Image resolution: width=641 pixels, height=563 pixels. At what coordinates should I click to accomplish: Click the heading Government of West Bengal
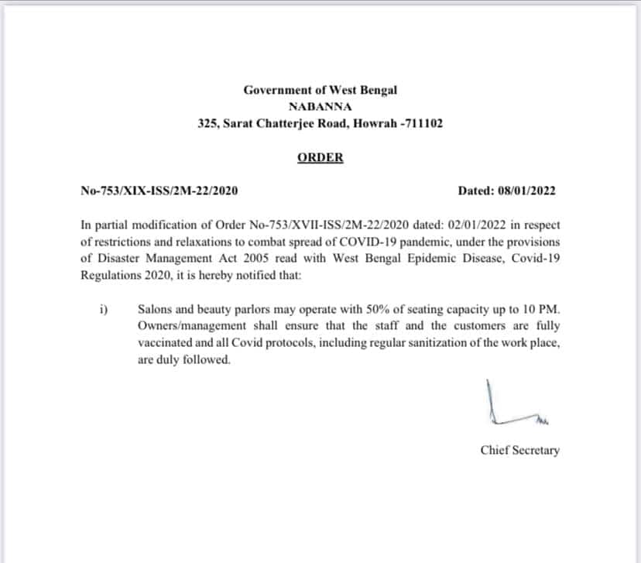[320, 90]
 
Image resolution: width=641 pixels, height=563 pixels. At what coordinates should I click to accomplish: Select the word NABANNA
[320, 107]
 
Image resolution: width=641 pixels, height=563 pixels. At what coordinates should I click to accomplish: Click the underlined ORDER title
[320, 158]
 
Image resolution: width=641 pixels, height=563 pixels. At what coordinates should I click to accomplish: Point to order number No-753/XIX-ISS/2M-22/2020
[159, 191]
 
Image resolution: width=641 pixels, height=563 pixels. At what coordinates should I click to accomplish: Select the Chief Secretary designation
[519, 450]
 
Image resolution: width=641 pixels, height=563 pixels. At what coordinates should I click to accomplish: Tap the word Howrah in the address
[376, 123]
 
